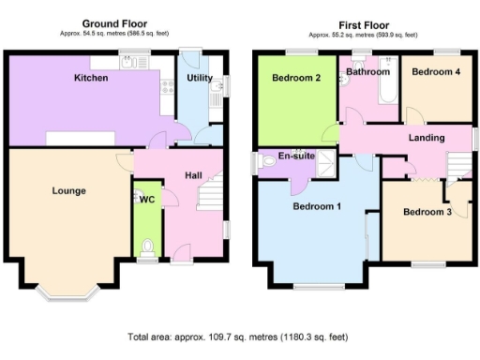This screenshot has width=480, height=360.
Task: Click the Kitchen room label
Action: point(91,78)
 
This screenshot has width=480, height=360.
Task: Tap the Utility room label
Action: point(200,79)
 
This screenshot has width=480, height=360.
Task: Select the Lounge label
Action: point(68,190)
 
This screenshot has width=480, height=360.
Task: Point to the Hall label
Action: point(192,174)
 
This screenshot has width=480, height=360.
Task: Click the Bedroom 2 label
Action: point(297,79)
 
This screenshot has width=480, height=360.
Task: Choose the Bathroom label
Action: point(367,71)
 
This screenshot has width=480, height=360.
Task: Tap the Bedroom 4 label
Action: point(436,71)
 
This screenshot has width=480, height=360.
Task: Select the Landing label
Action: point(427,138)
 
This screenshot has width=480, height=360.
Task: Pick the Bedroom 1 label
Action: point(316,206)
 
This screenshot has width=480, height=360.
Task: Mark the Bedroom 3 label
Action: point(427,212)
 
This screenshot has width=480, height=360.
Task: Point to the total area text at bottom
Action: point(239,335)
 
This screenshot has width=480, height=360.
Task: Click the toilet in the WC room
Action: point(147,247)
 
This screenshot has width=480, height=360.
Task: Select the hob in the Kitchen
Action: point(169,87)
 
